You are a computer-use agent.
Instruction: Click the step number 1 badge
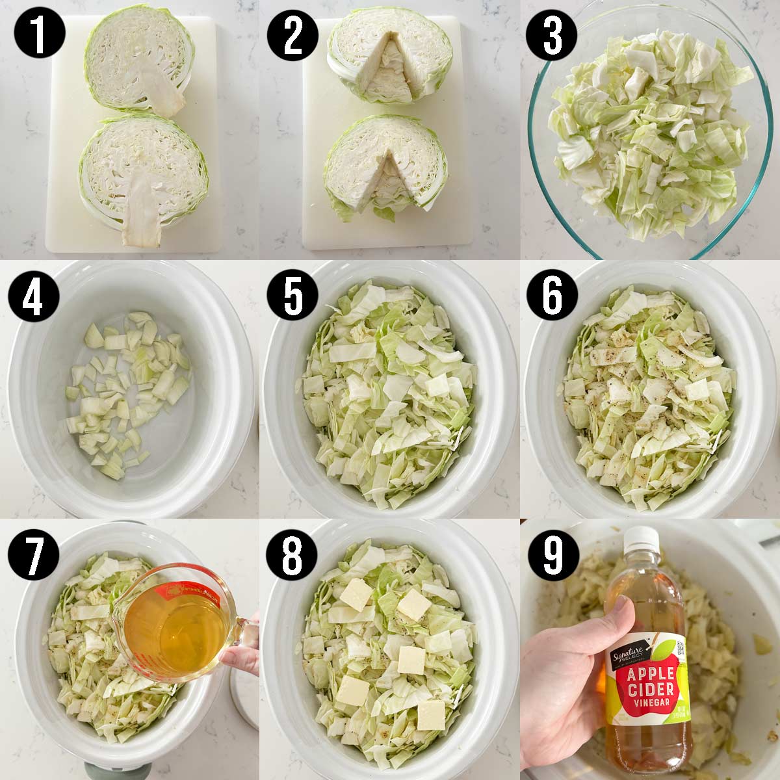point(38,37)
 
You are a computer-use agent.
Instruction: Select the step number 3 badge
point(552,37)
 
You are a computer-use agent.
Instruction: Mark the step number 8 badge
point(292,558)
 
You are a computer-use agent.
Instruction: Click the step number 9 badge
point(552,558)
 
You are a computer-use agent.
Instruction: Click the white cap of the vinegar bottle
point(640,539)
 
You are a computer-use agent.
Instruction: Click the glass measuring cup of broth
point(179,624)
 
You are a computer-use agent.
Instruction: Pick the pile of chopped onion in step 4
point(127,390)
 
